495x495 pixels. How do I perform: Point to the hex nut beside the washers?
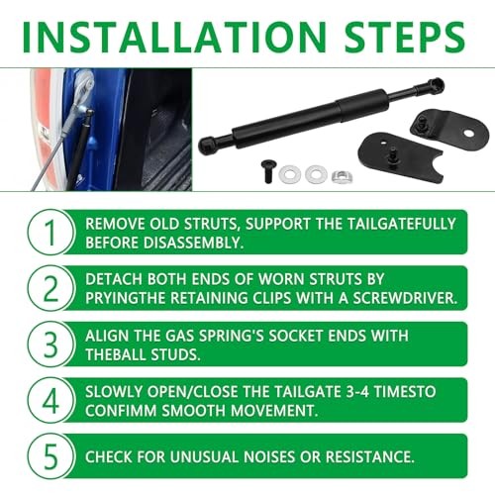coord(341,175)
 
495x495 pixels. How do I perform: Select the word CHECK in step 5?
coord(111,456)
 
